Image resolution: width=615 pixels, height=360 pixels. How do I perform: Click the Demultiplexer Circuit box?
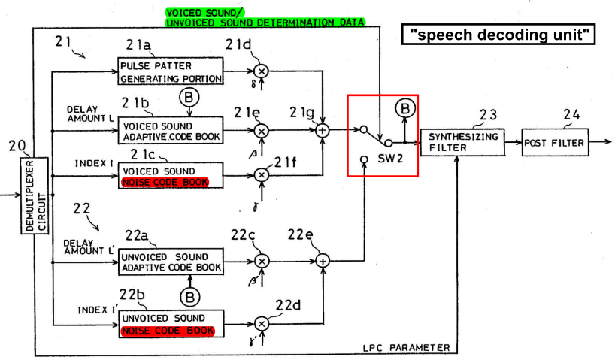tap(35, 195)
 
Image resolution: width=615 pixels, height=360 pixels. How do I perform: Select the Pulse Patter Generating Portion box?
tap(171, 71)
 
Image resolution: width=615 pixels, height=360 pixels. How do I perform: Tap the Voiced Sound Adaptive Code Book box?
tap(171, 130)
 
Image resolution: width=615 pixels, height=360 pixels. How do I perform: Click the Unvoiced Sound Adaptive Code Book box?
tap(171, 262)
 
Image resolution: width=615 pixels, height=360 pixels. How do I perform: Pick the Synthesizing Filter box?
tap(462, 142)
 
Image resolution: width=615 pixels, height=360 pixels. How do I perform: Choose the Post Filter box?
tap(555, 142)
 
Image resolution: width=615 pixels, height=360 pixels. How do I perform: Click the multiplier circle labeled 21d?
tap(261, 71)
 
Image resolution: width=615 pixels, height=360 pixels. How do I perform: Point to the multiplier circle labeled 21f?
tap(262, 175)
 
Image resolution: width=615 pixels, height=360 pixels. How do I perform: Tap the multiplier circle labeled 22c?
tap(262, 261)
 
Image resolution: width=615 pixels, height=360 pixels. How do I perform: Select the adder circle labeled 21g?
tap(323, 130)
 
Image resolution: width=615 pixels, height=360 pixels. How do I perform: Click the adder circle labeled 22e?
tap(323, 261)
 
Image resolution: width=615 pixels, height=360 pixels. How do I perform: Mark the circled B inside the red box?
tap(405, 108)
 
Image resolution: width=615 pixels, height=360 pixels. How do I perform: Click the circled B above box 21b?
tap(189, 97)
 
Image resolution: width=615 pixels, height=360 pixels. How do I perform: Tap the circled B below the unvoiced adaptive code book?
tap(190, 298)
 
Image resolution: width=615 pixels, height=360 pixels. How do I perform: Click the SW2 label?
tap(390, 159)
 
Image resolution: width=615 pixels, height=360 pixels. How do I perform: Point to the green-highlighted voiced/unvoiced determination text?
tap(265, 17)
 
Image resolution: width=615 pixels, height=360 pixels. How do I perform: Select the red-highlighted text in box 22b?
tap(168, 331)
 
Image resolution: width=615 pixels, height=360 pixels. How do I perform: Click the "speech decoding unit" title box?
tap(498, 35)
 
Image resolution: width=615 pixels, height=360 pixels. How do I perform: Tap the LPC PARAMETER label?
tap(406, 348)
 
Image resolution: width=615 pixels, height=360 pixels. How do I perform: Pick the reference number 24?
tap(571, 115)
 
